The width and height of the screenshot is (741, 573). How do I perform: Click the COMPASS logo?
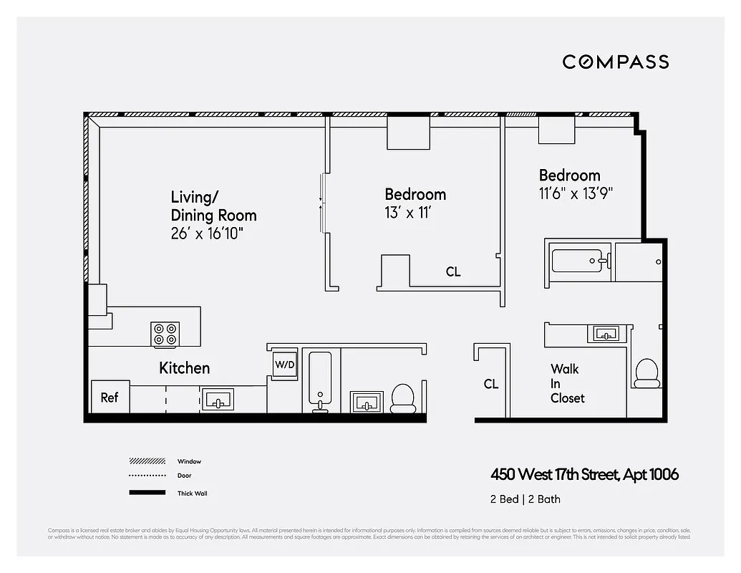coord(615,62)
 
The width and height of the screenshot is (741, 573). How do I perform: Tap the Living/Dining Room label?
coord(213,206)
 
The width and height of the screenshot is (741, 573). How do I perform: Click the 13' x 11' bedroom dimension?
coord(407,213)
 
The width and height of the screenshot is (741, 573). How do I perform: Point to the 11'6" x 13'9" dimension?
coord(576,193)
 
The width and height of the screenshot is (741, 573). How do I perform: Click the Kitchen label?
coord(184,368)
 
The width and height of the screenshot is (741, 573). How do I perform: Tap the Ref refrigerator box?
coord(110,397)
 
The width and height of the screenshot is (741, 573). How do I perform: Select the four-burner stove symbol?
coord(165,334)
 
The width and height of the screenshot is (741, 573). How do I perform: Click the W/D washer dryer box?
coord(284,364)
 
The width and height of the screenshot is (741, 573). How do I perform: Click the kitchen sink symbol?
coord(219,399)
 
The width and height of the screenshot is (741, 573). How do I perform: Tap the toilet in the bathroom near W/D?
coord(403,398)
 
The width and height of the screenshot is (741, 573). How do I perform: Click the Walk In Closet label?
coord(567,383)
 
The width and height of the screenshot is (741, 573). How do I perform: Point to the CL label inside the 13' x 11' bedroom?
coord(453,272)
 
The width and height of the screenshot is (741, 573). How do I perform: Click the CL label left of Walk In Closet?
coord(490,384)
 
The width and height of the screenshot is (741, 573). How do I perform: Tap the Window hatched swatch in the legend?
coord(146,461)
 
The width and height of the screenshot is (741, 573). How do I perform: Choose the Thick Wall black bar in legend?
coord(146,493)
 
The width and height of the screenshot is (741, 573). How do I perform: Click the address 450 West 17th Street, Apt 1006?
coord(584,474)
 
